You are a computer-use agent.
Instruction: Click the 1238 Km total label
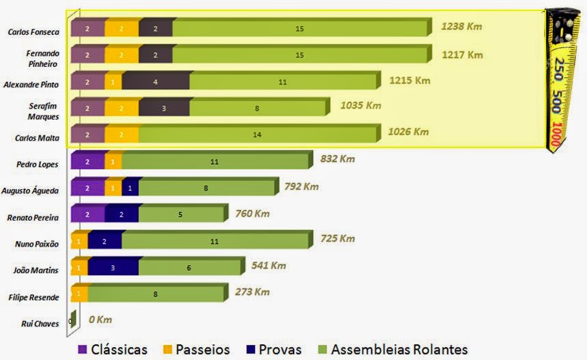pyautogui.click(x=462, y=27)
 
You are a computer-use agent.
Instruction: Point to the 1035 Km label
pyautogui.click(x=360, y=105)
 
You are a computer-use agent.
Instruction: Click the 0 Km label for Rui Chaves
pyautogui.click(x=100, y=320)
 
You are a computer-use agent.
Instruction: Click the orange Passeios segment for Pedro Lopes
pyautogui.click(x=113, y=162)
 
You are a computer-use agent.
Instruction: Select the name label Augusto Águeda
pyautogui.click(x=34, y=191)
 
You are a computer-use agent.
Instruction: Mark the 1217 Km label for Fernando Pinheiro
pyautogui.click(x=462, y=55)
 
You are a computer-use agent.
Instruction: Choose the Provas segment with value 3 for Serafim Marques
pyautogui.click(x=164, y=109)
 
